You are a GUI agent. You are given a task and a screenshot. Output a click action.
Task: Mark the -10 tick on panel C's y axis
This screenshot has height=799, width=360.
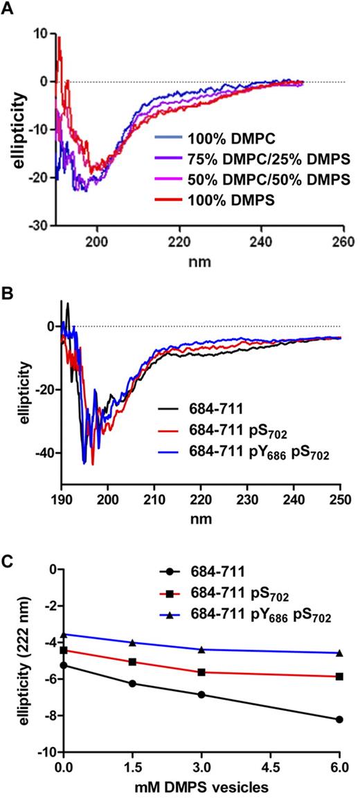(x=45, y=752)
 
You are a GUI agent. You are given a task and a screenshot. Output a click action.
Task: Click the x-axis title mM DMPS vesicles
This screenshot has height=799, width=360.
(x=201, y=789)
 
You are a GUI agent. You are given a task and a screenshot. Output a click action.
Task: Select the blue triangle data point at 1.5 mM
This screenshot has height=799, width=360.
(x=132, y=643)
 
